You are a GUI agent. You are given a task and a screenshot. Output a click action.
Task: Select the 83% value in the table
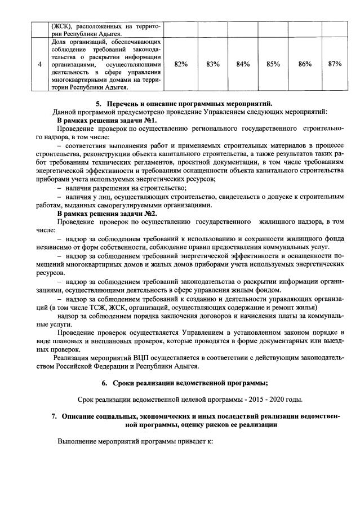pos(212,64)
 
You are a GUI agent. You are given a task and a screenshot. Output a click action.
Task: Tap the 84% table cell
pos(243,64)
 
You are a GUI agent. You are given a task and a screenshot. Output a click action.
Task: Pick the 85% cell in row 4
pos(273,64)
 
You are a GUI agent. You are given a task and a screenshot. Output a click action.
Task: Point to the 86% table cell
pos(305,64)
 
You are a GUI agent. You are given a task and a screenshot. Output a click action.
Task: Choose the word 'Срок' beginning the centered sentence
pos(87,400)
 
